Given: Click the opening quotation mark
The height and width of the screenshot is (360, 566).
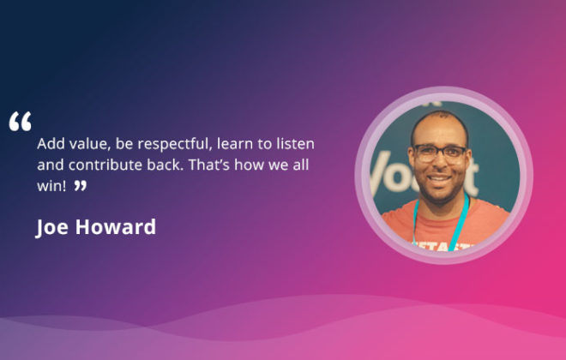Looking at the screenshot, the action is click(x=21, y=121).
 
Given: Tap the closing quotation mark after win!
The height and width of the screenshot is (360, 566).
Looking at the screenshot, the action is click(x=81, y=186).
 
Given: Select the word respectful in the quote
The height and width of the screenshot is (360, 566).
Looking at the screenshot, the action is click(x=174, y=144).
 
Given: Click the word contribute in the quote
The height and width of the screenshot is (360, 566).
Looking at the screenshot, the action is click(x=105, y=165).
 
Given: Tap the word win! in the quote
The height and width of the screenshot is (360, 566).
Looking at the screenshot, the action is click(x=51, y=186).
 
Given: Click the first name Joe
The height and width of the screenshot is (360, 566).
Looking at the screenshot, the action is click(x=51, y=228).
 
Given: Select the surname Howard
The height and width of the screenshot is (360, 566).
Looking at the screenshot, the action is click(x=116, y=227).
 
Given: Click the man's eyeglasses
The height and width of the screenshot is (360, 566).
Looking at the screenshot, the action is click(x=439, y=153).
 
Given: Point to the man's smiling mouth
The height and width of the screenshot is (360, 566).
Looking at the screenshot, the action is click(x=438, y=179).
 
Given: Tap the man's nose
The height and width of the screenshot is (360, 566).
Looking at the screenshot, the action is click(x=439, y=164).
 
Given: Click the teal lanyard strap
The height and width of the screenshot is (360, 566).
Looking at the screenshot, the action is click(x=460, y=220).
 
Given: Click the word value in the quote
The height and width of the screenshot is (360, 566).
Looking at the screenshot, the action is click(x=90, y=144).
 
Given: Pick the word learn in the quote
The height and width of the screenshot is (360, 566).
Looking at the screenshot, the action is click(x=235, y=143).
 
